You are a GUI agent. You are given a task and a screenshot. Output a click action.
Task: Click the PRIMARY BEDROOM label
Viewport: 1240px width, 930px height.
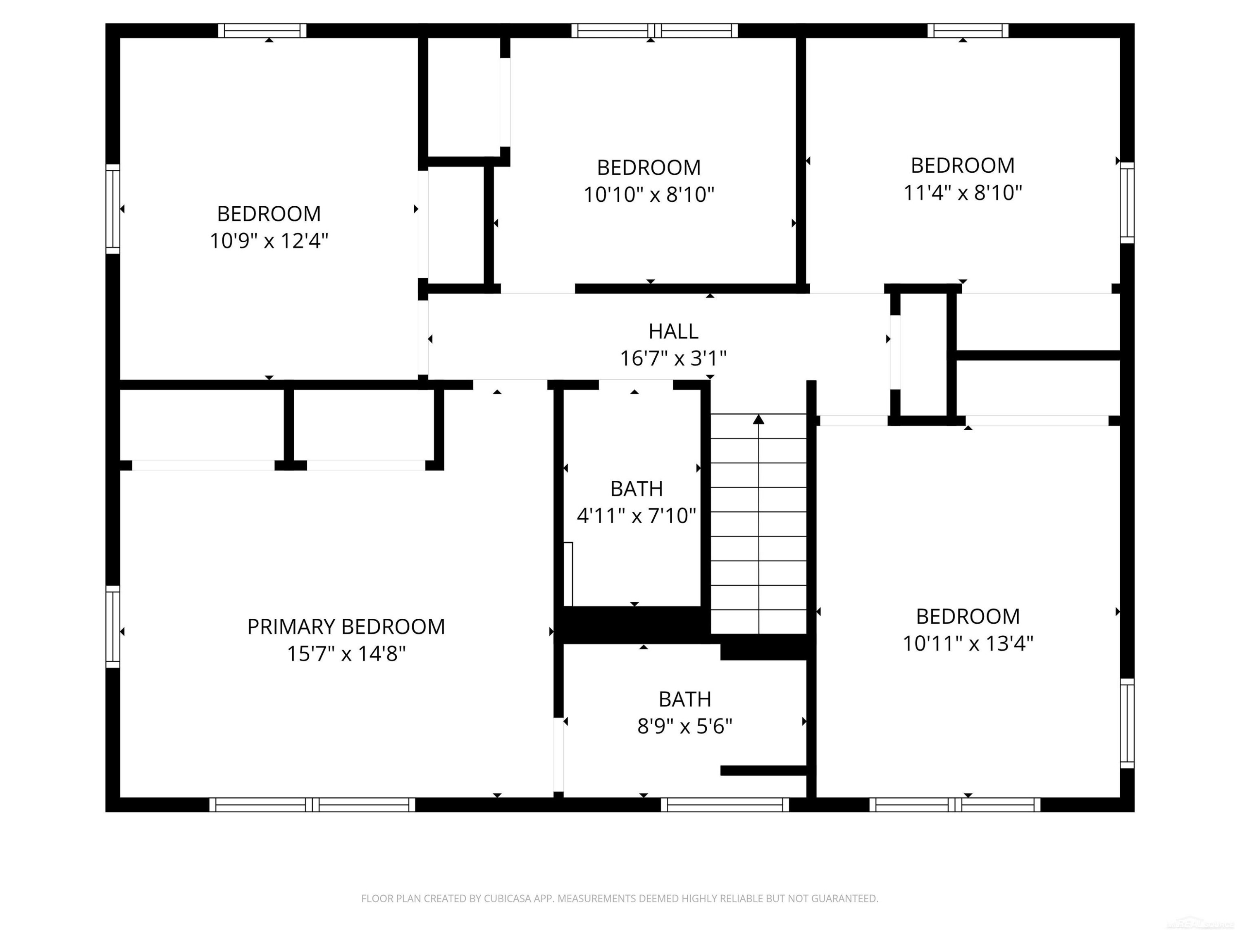click(x=346, y=627)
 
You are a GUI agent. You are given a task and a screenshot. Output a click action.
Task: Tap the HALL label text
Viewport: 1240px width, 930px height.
click(x=673, y=331)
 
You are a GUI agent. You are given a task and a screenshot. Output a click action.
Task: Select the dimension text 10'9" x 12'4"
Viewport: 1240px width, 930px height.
click(x=269, y=241)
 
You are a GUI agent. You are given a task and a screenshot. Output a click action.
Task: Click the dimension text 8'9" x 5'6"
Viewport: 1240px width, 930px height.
click(x=684, y=727)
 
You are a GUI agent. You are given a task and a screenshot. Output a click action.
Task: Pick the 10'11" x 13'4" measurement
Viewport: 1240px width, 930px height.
click(x=968, y=643)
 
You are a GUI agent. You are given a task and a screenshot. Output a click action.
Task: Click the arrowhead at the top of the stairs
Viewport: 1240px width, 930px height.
click(x=758, y=419)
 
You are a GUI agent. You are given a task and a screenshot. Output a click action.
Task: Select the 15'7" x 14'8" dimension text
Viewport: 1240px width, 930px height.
click(x=346, y=653)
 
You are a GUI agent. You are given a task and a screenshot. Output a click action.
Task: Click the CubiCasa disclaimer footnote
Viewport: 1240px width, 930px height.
click(x=620, y=899)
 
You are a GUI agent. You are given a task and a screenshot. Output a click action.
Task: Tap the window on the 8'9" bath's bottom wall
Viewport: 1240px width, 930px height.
click(x=725, y=804)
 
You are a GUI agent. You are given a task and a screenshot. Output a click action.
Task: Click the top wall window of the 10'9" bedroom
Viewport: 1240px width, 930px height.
click(x=262, y=30)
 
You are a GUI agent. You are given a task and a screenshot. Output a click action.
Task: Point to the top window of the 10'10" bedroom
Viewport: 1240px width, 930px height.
click(x=655, y=30)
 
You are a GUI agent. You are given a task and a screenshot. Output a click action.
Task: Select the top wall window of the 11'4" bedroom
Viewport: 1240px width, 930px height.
click(x=968, y=30)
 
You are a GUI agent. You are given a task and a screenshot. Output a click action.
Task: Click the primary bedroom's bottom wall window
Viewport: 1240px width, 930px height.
click(x=312, y=804)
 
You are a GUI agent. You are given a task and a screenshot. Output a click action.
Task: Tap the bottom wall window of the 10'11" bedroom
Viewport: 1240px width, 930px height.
click(x=955, y=804)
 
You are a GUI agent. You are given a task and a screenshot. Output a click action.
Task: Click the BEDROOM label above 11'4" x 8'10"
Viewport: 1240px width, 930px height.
click(x=963, y=166)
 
